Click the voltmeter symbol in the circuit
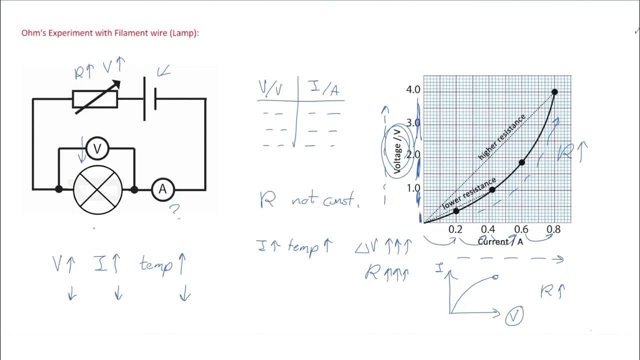[97, 148]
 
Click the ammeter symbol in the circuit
[162, 189]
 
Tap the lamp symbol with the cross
[97, 189]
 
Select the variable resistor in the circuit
[95, 99]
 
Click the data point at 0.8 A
[554, 92]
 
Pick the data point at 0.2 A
[456, 211]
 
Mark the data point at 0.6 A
[522, 162]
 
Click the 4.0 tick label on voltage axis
[414, 90]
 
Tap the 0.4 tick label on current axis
[488, 229]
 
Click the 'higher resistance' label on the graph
[501, 137]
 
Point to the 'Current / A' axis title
[500, 242]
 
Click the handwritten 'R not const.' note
[309, 200]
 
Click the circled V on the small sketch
[514, 316]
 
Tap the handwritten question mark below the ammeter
[175, 211]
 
